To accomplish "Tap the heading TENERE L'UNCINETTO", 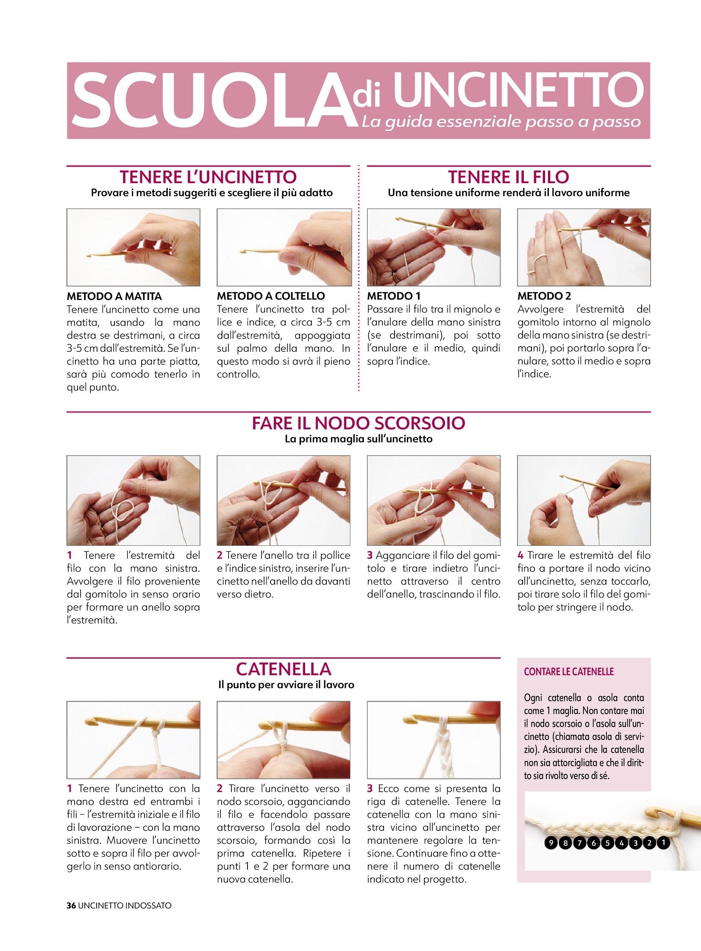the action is [x=208, y=177].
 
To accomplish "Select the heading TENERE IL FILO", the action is [x=508, y=177].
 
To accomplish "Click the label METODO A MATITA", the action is [x=114, y=296].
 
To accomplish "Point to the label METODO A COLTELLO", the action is [x=271, y=296].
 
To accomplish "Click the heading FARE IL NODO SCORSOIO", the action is [x=359, y=423].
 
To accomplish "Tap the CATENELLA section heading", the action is [x=284, y=669].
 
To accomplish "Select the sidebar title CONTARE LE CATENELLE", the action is [x=569, y=672].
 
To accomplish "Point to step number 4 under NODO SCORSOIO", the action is [x=520, y=556].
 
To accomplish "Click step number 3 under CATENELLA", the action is [x=370, y=788].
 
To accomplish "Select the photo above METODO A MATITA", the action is [x=134, y=247].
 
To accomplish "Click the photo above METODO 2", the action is [x=584, y=247].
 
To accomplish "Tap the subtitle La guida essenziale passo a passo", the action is [x=501, y=122].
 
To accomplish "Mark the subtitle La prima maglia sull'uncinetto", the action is [x=359, y=439].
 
